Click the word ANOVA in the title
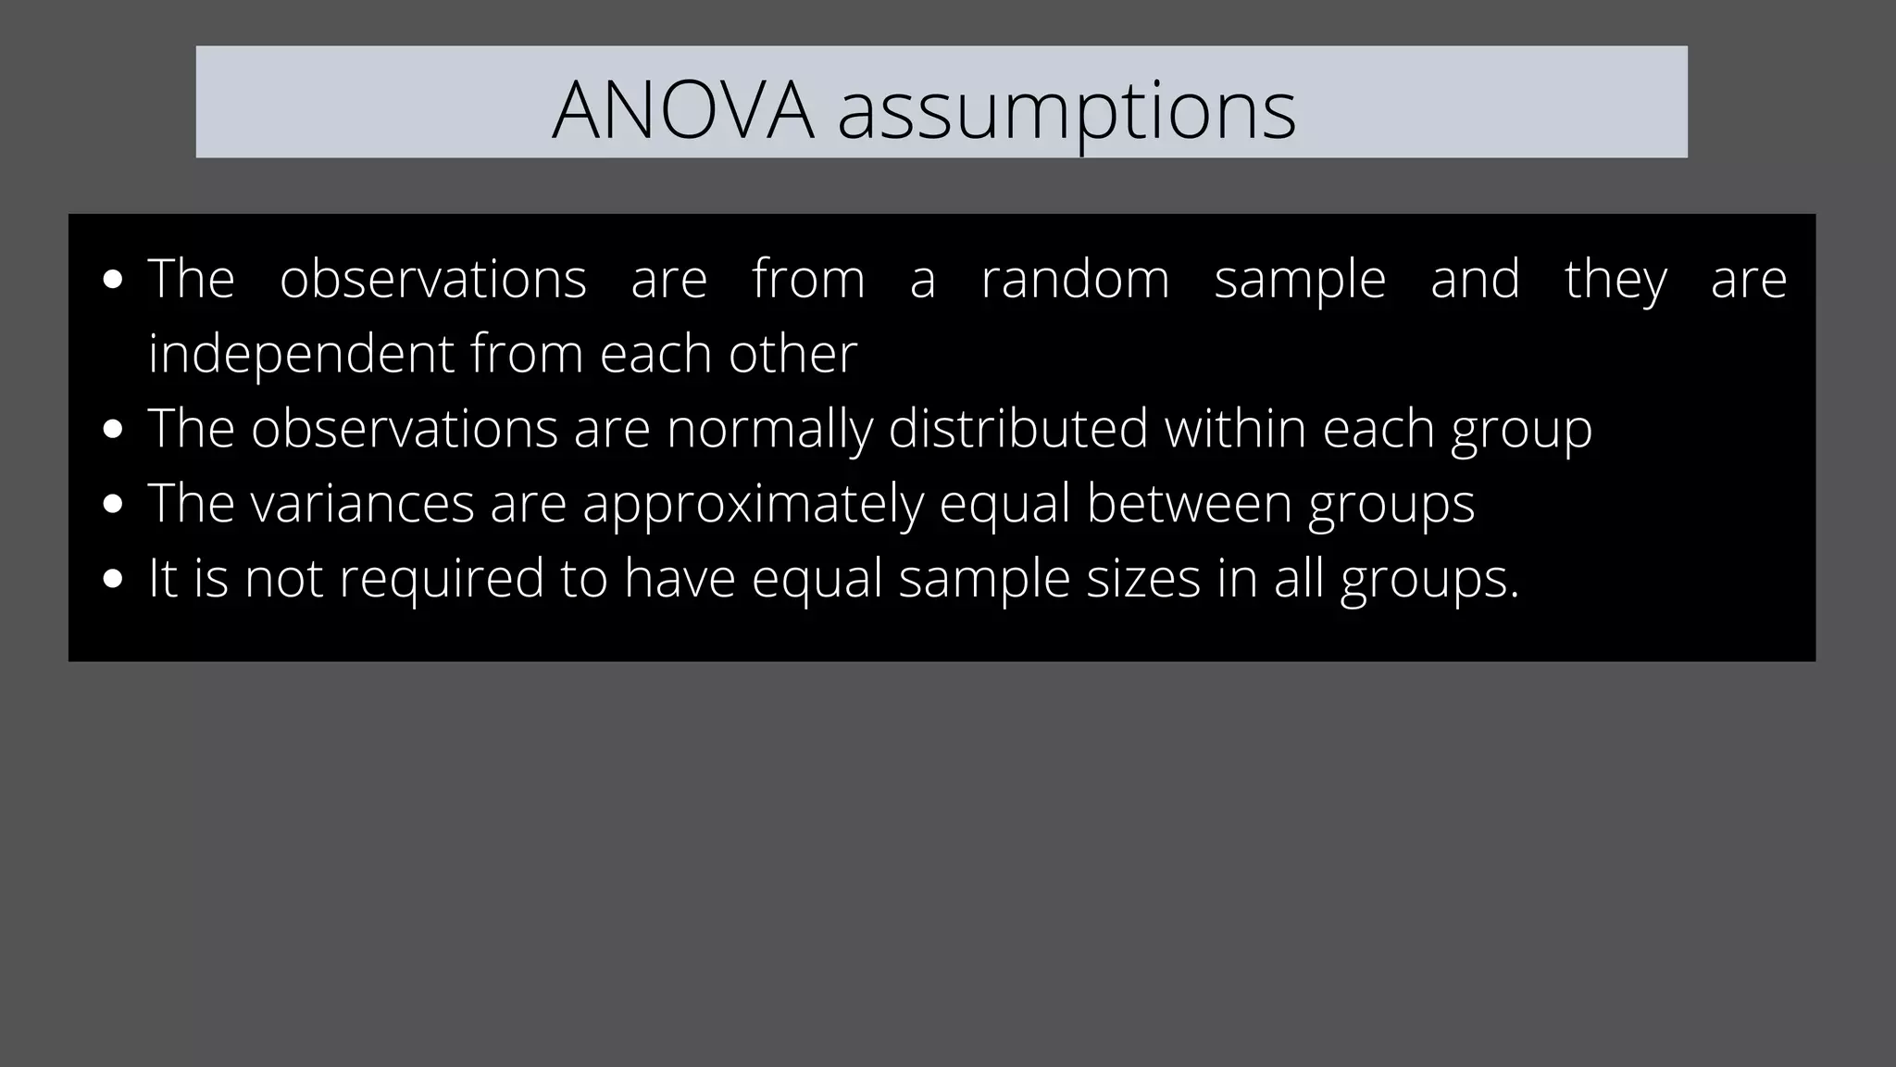click(x=682, y=110)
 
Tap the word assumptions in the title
click(x=1066, y=112)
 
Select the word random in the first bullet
click(x=1075, y=279)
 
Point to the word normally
click(x=768, y=429)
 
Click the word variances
click(x=362, y=504)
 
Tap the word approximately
click(x=753, y=505)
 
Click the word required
click(x=442, y=580)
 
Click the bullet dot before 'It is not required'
click(x=113, y=580)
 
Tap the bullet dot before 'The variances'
click(x=113, y=505)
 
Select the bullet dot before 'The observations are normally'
click(x=113, y=430)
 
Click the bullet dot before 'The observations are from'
click(x=113, y=280)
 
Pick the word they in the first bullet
click(x=1615, y=280)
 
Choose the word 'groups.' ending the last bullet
click(x=1429, y=580)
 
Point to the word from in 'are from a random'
click(x=808, y=279)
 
